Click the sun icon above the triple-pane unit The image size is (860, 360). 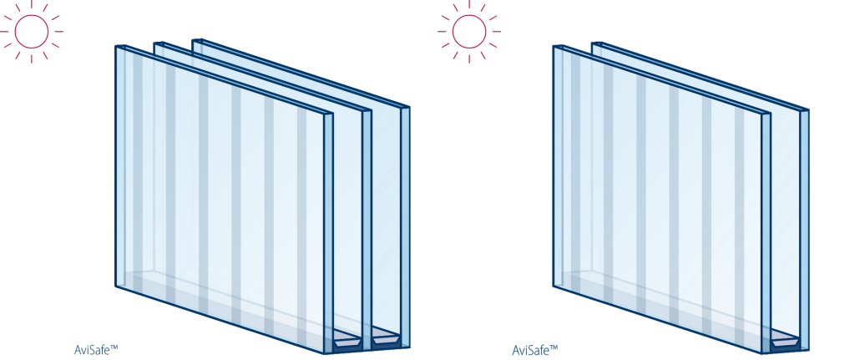[31, 31]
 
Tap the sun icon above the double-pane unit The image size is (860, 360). [469, 31]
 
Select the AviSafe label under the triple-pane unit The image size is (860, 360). [96, 350]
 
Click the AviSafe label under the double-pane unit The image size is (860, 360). [534, 350]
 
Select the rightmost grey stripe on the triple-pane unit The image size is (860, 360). [301, 220]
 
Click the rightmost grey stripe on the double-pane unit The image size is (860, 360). [739, 220]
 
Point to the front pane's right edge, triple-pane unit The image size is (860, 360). [328, 233]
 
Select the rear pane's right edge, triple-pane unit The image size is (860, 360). [405, 226]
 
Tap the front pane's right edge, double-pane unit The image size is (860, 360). [766, 233]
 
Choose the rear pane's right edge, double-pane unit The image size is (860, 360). [804, 230]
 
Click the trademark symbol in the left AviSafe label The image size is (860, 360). [114, 347]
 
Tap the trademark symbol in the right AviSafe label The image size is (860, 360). [554, 347]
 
